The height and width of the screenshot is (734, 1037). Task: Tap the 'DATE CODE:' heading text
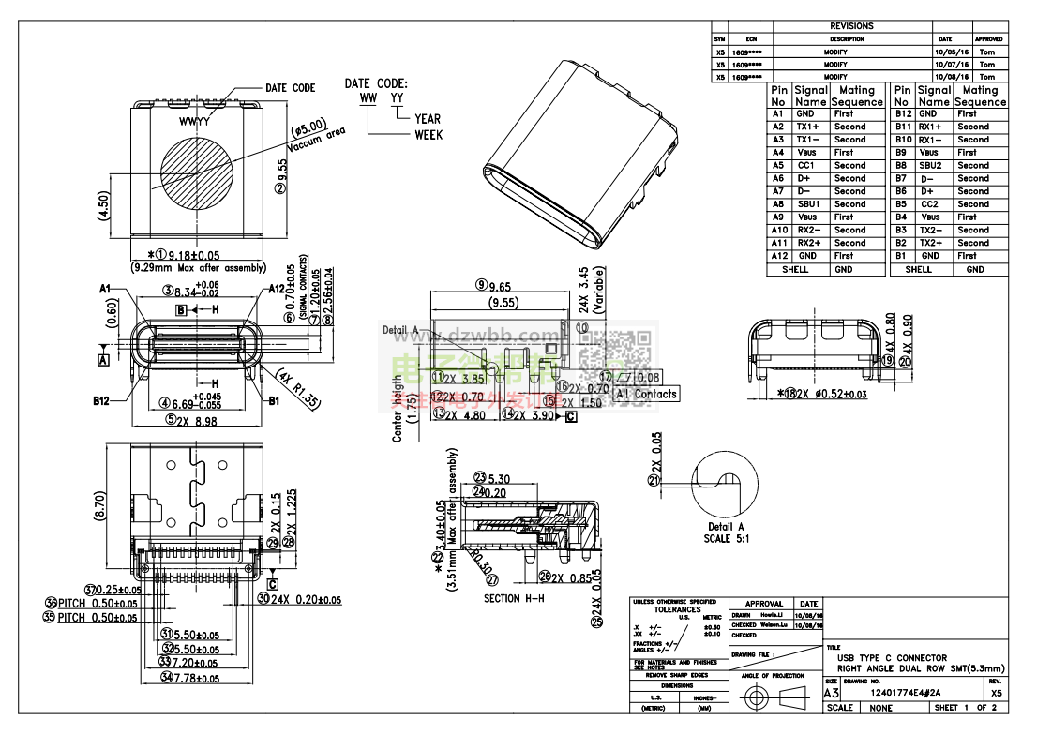tap(376, 83)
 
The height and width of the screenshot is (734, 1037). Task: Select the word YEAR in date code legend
tap(428, 119)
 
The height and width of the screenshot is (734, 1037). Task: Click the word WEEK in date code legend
tap(428, 135)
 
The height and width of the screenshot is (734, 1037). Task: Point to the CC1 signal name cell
tap(806, 165)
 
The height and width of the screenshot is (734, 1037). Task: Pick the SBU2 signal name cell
tap(929, 165)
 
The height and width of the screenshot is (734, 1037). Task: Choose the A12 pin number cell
tap(779, 255)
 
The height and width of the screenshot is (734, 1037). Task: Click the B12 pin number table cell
tap(902, 113)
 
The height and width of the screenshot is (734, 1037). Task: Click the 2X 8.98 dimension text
tap(197, 421)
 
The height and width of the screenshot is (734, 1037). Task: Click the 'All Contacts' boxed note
tap(646, 395)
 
